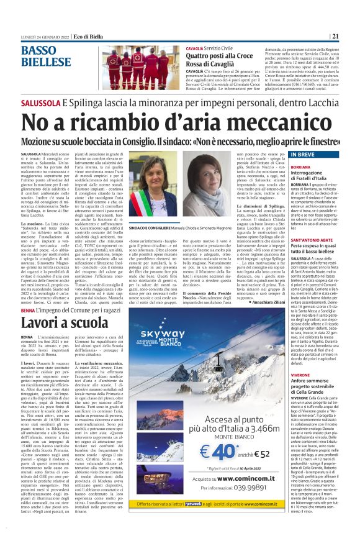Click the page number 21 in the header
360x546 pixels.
click(351, 35)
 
